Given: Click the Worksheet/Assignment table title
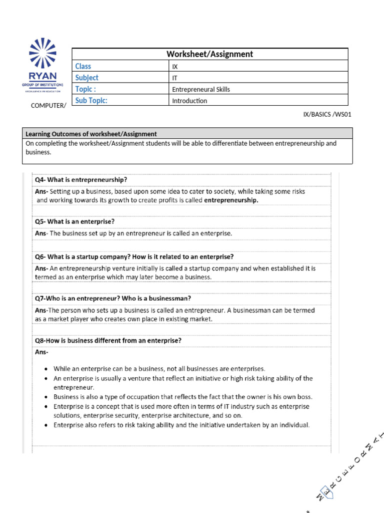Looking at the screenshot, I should pos(210,54).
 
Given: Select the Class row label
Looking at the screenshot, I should pos(83,66).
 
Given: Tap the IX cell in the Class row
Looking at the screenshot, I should pos(174,66).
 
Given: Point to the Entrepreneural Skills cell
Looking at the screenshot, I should pos(201,89).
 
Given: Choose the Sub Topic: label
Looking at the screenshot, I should pos(91,101).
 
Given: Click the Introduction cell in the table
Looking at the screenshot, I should pos(189,101).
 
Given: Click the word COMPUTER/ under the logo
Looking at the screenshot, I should pos(48,105).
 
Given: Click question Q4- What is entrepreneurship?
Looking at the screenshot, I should pos(80,179).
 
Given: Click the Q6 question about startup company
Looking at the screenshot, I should pos(134,256).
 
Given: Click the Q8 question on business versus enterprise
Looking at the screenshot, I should pos(108,340).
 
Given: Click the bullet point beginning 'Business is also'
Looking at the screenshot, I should pos(182,397).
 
